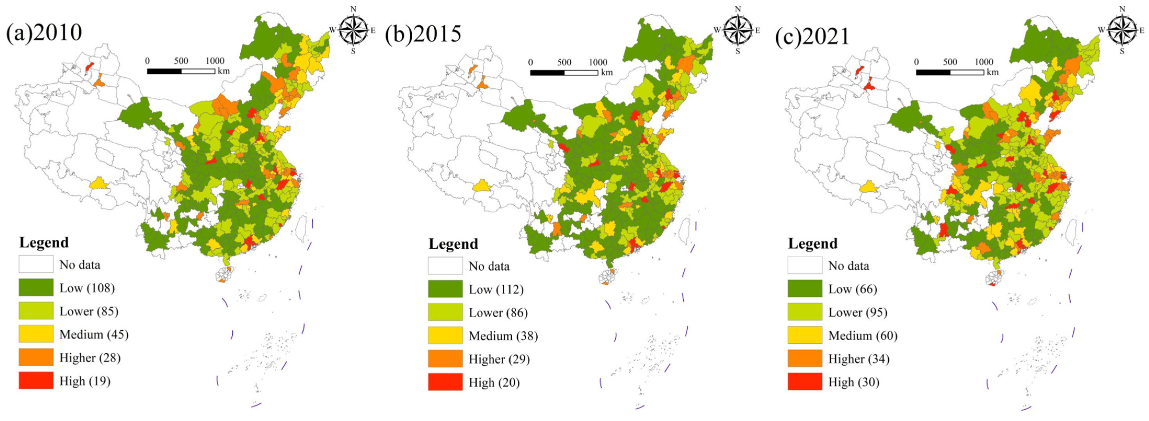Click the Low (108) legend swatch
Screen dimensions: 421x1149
pyautogui.click(x=36, y=287)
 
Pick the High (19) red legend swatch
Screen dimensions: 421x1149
pyautogui.click(x=36, y=381)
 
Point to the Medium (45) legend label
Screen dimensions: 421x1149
pyautogui.click(x=94, y=334)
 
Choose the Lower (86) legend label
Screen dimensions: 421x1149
pyautogui.click(x=498, y=313)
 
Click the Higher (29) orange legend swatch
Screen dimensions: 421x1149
pyautogui.click(x=445, y=359)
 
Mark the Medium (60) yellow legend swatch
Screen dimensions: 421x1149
pyautogui.click(x=805, y=335)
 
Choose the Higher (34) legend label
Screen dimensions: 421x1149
pyautogui.click(x=859, y=359)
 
